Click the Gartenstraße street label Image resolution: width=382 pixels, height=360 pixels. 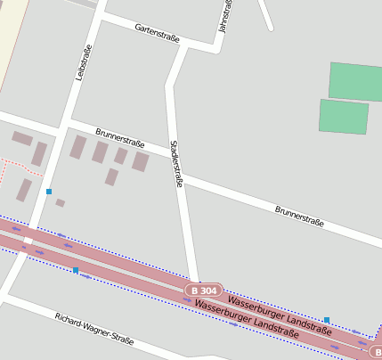click(x=157, y=34)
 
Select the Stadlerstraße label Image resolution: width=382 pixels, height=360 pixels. click(x=176, y=162)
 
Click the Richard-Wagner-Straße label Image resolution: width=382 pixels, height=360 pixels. click(x=93, y=328)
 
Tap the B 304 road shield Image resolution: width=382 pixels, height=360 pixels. click(x=204, y=290)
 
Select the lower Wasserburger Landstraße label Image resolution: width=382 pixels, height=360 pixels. click(x=246, y=318)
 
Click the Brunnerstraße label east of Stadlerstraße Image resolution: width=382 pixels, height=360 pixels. click(x=299, y=216)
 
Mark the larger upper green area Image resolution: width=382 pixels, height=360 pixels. click(x=355, y=81)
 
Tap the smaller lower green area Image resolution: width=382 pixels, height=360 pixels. click(x=344, y=117)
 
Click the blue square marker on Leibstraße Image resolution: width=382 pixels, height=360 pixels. click(x=49, y=192)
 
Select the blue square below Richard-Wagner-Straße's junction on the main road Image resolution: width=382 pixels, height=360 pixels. click(x=76, y=269)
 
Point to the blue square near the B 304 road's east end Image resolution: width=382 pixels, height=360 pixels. click(x=327, y=319)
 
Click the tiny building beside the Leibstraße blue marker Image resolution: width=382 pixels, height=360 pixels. click(x=60, y=203)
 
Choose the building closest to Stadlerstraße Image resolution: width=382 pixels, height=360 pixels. click(x=141, y=161)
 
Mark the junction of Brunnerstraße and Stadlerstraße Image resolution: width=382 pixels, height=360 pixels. click(x=179, y=174)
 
